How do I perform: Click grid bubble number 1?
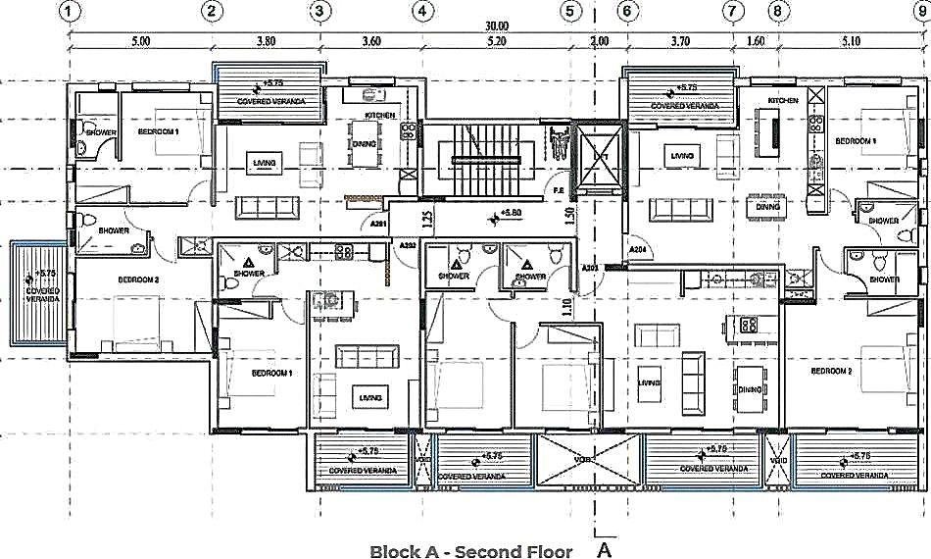pos(68,11)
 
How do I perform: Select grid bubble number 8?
pos(777,11)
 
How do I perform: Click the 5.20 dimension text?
pos(496,42)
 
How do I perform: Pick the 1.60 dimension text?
pos(756,42)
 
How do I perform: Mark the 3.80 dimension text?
pos(265,42)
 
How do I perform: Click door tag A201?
pos(380,225)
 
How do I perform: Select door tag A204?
pos(639,250)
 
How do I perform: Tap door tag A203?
pos(590,267)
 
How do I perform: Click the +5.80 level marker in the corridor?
pos(509,213)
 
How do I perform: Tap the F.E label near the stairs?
pos(558,190)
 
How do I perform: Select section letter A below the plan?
pos(604,549)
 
